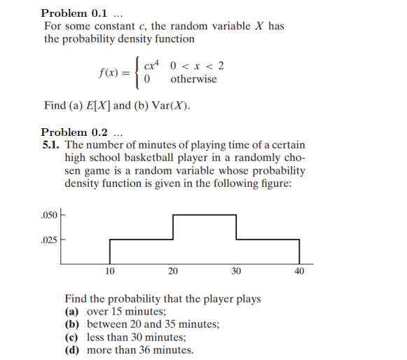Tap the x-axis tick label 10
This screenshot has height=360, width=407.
tap(109, 271)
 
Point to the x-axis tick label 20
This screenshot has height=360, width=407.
tap(173, 271)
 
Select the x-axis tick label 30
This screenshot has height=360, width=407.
tap(236, 271)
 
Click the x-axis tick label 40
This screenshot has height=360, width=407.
tap(299, 271)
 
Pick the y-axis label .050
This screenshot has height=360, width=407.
tap(50, 213)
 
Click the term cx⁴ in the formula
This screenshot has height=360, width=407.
tap(151, 66)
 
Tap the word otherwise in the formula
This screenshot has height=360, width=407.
tap(193, 79)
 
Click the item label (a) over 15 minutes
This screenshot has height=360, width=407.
tap(72, 312)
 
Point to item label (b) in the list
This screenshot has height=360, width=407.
tap(72, 324)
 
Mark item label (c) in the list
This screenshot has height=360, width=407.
tap(72, 337)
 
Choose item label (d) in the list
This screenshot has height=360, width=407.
tap(72, 349)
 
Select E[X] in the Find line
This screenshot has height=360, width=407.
tap(98, 106)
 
